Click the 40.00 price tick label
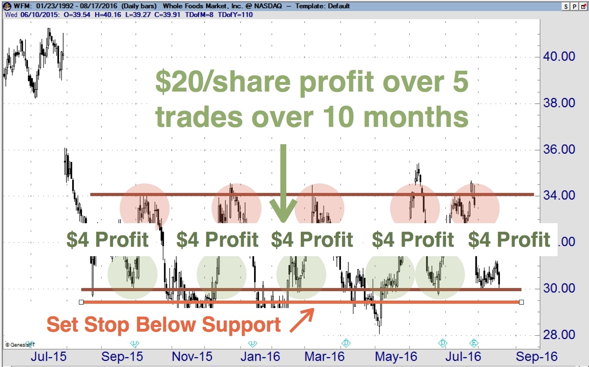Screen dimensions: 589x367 [x=559, y=57]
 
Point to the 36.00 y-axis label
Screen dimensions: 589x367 [x=559, y=149]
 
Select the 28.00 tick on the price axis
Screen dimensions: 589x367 [x=559, y=335]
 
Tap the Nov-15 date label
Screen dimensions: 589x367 [x=192, y=357]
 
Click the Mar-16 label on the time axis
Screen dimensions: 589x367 [x=324, y=357]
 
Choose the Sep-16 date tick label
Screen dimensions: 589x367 [x=537, y=357]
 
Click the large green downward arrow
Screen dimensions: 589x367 [x=283, y=183]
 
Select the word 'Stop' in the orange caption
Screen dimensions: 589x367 [x=107, y=325]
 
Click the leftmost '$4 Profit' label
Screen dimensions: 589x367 [x=108, y=240]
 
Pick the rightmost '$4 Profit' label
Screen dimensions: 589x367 [x=509, y=240]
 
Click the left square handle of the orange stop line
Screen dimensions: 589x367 [x=81, y=302]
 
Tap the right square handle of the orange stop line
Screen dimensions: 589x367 [x=521, y=302]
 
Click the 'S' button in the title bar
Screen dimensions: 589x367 [x=566, y=6]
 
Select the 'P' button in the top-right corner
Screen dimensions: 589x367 [x=574, y=6]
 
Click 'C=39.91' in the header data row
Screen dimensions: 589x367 [x=167, y=15]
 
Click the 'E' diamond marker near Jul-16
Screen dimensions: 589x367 [x=474, y=343]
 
